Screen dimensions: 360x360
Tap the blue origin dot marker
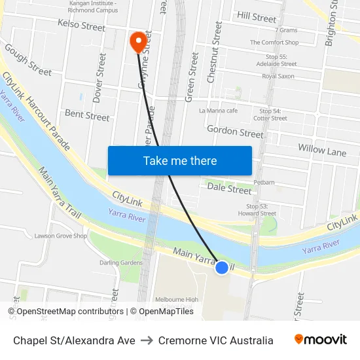tap(222, 267)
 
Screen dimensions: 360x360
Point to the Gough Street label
tap(27, 60)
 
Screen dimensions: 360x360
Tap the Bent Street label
tap(87, 116)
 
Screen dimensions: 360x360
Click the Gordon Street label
tap(235, 132)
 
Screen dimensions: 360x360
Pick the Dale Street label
tap(229, 189)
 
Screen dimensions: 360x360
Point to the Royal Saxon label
tap(278, 77)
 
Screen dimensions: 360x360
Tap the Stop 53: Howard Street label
tap(257, 209)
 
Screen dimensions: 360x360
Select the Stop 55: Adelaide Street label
tap(278, 60)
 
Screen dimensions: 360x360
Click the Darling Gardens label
tap(121, 262)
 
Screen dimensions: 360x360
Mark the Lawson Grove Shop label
tap(61, 236)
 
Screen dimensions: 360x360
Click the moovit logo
tap(320, 340)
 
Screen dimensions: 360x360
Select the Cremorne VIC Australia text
tap(216, 340)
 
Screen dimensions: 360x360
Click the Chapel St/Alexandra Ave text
tap(74, 340)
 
